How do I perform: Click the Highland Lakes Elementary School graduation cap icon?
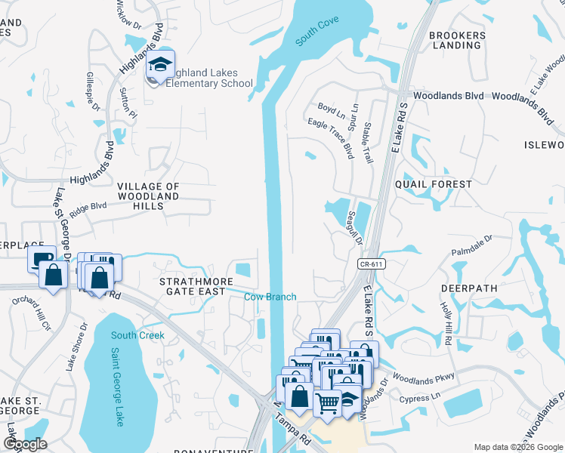(x=160, y=64)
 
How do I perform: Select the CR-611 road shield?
(x=367, y=262)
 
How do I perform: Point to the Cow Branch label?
(x=270, y=297)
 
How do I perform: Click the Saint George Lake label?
(x=119, y=386)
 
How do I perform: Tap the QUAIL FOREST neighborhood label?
(x=439, y=183)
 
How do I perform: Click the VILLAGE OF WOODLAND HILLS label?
(x=149, y=196)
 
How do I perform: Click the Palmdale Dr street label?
(x=472, y=244)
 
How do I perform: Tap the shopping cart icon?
(x=327, y=403)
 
